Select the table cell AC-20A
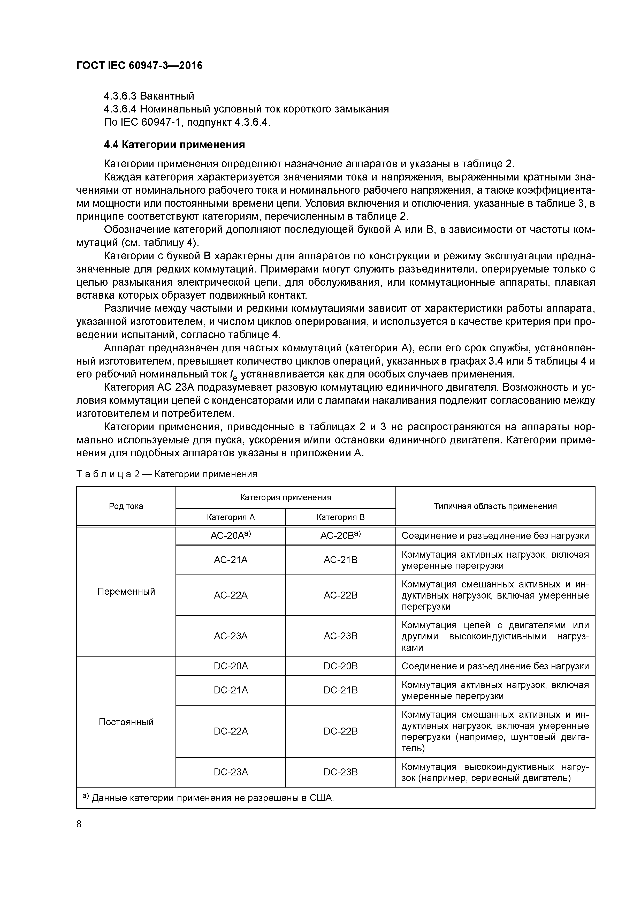pyautogui.click(x=231, y=536)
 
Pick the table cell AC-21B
pyautogui.click(x=340, y=560)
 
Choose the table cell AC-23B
pyautogui.click(x=340, y=636)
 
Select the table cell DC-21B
pyautogui.click(x=340, y=690)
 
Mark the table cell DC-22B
pyautogui.click(x=340, y=731)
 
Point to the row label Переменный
pyautogui.click(x=126, y=591)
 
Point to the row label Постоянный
pyautogui.click(x=126, y=722)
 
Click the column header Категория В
pyautogui.click(x=340, y=517)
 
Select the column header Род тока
pyautogui.click(x=126, y=506)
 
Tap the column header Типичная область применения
pyautogui.click(x=495, y=506)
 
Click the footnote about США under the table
pyautogui.click(x=208, y=798)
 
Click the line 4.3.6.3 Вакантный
pyautogui.click(x=149, y=96)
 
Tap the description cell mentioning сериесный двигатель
pyautogui.click(x=495, y=772)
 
